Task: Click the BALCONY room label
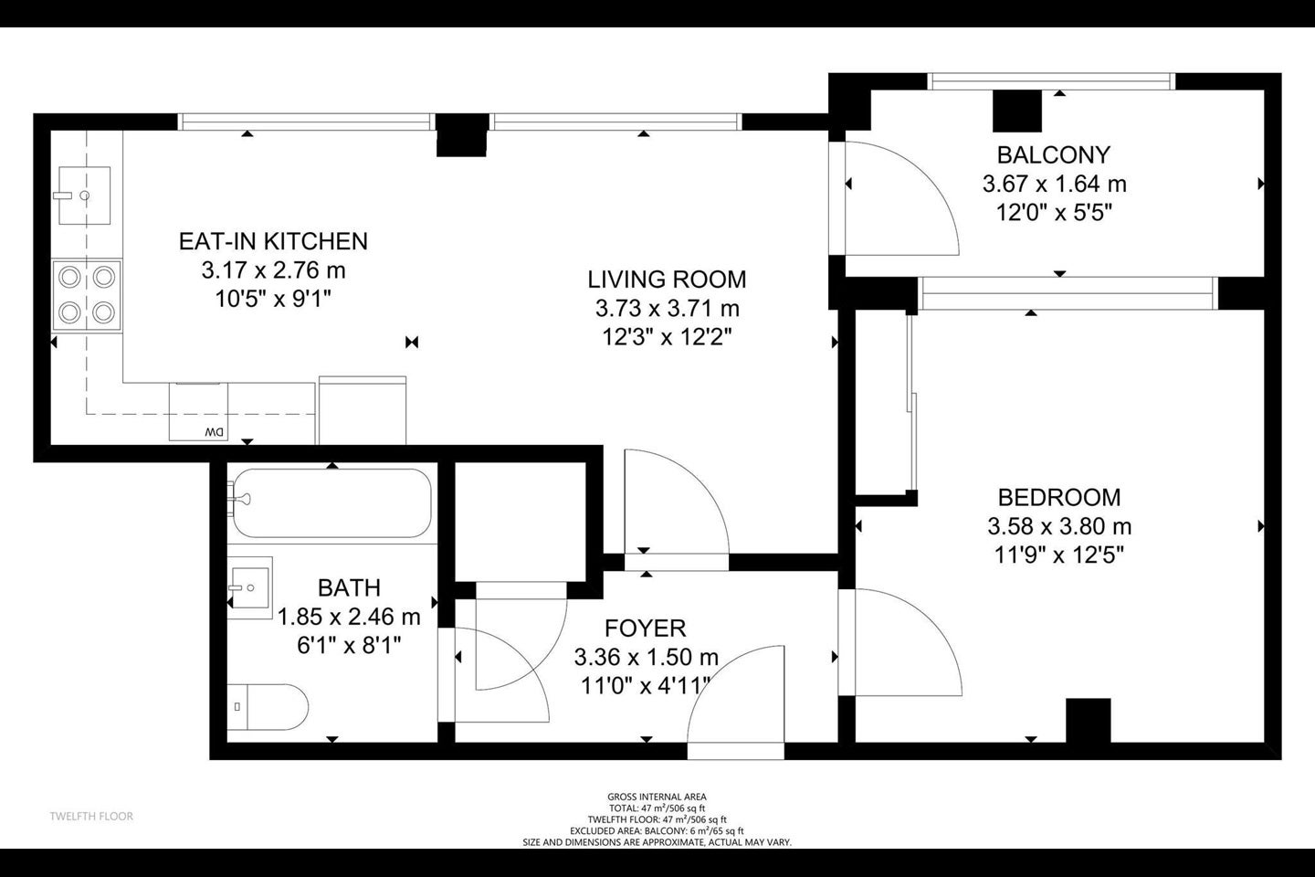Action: (x=1054, y=155)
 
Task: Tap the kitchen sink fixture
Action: (x=85, y=195)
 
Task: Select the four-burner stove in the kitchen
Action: (x=87, y=295)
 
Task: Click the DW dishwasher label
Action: (x=215, y=432)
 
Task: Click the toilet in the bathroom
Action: (x=268, y=707)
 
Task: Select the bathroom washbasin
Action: (x=250, y=587)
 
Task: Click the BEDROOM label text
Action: (x=1059, y=498)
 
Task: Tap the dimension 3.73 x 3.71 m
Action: (x=668, y=309)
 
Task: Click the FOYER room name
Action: (x=645, y=629)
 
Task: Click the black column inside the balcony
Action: (x=1016, y=111)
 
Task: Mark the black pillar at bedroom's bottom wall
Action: (x=1089, y=720)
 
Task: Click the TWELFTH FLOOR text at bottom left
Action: (x=91, y=817)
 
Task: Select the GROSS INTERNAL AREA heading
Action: (x=657, y=798)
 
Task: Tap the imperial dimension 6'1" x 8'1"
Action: (x=349, y=646)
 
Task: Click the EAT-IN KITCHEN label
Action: (x=273, y=241)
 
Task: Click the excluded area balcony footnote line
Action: (x=657, y=831)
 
